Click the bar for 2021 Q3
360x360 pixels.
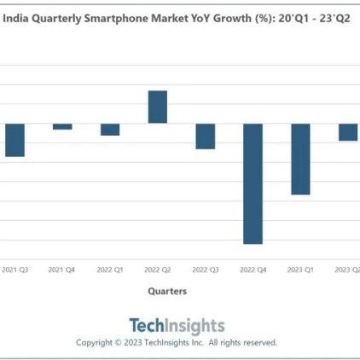click(x=15, y=140)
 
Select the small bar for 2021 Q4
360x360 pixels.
click(x=62, y=126)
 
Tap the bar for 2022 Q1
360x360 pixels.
click(x=110, y=129)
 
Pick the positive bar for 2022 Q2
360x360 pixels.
click(x=158, y=107)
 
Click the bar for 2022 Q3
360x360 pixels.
click(x=206, y=136)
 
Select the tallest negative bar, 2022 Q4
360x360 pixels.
click(x=253, y=183)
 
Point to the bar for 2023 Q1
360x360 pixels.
click(x=300, y=159)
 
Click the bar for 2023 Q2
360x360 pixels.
click(x=348, y=131)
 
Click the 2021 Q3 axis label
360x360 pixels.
click(x=15, y=270)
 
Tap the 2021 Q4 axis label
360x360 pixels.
click(x=62, y=270)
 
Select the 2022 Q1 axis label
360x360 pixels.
click(x=110, y=270)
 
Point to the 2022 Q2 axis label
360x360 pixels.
click(x=158, y=270)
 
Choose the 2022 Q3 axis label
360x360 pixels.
click(x=206, y=270)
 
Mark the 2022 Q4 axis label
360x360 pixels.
click(x=253, y=270)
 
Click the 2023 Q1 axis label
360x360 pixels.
click(x=300, y=270)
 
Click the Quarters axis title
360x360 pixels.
click(x=167, y=291)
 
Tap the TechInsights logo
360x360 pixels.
click(x=177, y=325)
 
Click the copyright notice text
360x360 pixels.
click(x=177, y=342)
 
